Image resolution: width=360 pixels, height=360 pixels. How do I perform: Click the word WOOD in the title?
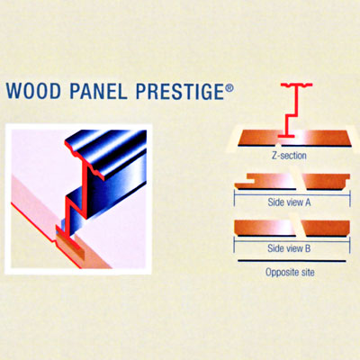(x=33, y=91)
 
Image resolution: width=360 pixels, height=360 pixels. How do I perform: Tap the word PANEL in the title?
(x=98, y=91)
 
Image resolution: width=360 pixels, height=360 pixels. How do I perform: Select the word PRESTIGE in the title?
(x=180, y=91)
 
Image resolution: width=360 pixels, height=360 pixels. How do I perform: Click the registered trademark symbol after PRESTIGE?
(x=229, y=88)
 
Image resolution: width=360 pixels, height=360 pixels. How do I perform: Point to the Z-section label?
(x=289, y=156)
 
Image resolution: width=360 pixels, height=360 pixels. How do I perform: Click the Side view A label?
(x=289, y=202)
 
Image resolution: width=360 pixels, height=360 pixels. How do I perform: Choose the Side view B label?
(x=289, y=248)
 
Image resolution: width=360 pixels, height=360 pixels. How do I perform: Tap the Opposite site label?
(x=290, y=273)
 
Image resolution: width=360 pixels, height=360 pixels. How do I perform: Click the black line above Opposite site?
(x=292, y=261)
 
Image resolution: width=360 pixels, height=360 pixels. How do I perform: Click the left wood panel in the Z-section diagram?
(x=260, y=138)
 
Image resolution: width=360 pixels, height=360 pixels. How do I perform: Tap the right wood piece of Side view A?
(x=327, y=182)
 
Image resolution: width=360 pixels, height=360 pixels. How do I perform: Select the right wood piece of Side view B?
(x=327, y=228)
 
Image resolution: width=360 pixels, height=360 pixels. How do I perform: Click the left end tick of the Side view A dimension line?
(x=234, y=199)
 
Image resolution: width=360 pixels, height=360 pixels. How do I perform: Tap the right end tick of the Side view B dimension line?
(x=350, y=245)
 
